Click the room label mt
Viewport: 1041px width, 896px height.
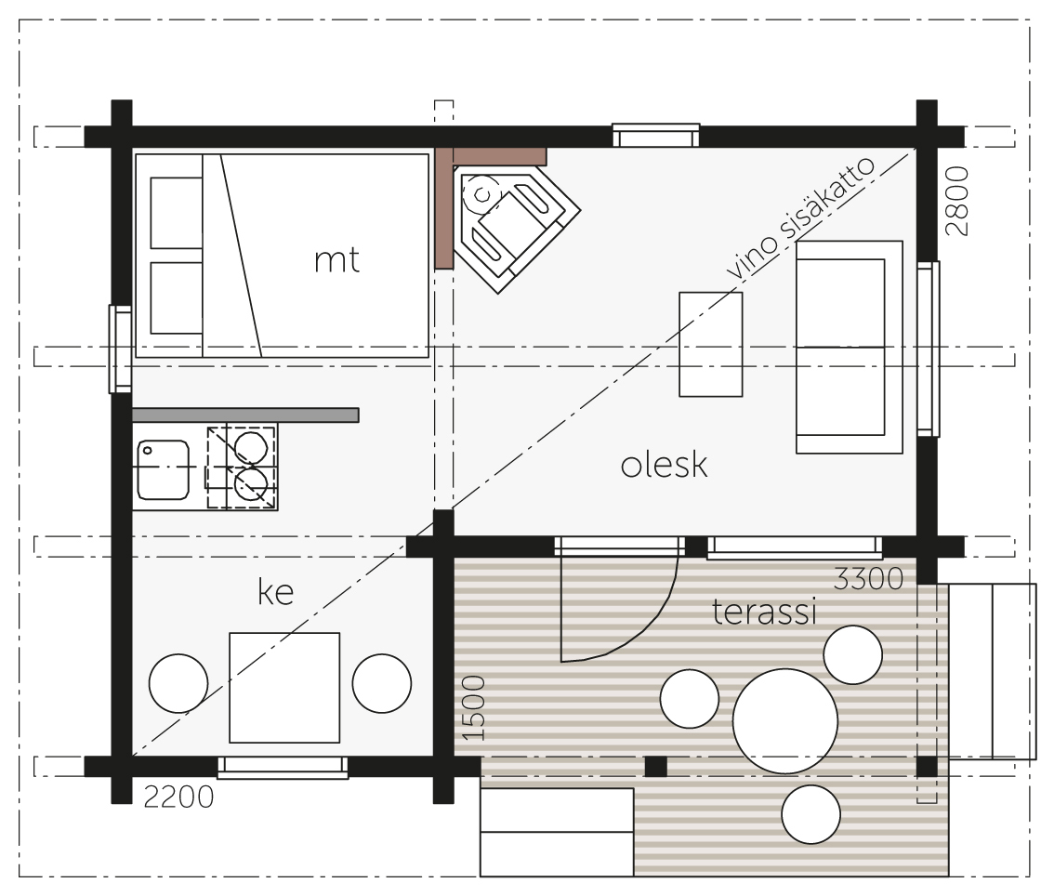(336, 260)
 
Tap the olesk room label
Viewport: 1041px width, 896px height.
(664, 465)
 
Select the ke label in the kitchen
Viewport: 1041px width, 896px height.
(275, 591)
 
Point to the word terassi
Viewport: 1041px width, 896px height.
(763, 612)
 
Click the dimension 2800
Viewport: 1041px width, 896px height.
(956, 201)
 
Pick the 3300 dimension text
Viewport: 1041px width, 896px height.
(868, 579)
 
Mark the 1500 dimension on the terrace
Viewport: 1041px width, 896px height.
(473, 708)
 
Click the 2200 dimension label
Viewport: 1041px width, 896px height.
(178, 797)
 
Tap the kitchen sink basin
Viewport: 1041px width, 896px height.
(164, 469)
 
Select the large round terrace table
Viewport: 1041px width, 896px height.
(785, 721)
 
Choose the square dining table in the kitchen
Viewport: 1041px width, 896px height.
(284, 688)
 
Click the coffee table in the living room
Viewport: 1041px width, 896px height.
(710, 345)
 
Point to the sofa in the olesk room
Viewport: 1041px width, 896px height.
(850, 347)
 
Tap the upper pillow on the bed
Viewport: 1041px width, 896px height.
(177, 213)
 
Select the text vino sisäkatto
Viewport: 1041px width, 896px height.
(800, 218)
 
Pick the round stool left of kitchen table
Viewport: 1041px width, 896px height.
(178, 683)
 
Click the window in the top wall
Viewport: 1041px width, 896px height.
(656, 136)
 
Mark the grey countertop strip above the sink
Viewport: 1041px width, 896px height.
(245, 415)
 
